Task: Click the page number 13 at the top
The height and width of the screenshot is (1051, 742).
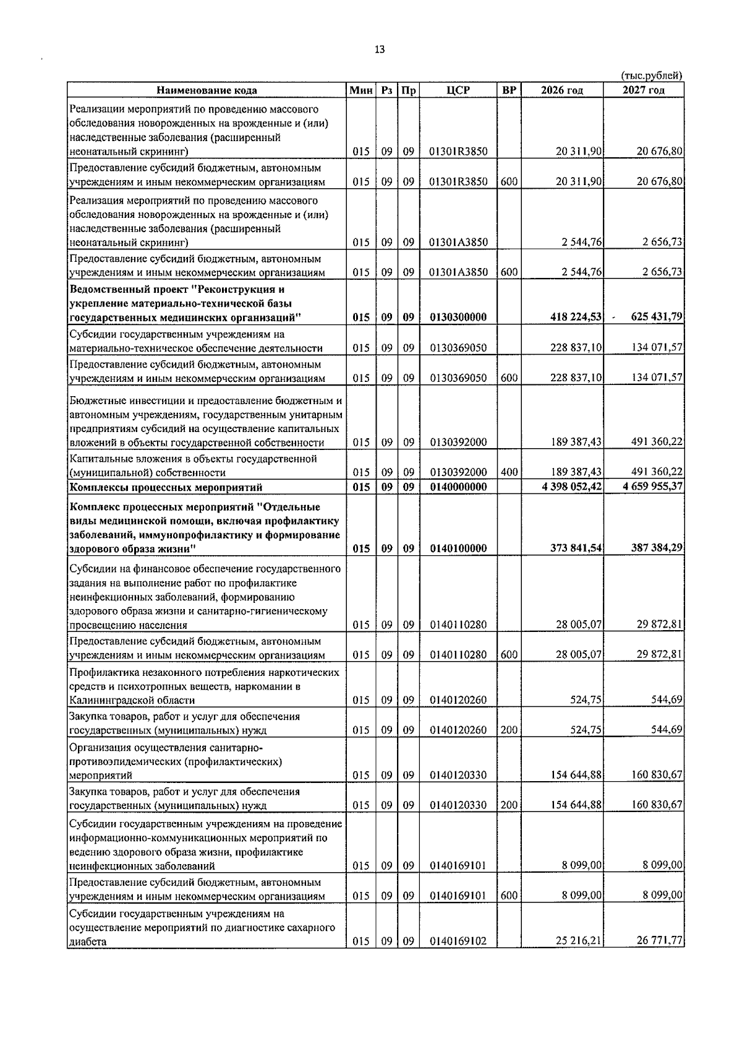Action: pos(380,50)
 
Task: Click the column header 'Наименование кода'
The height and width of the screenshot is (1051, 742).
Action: pos(207,90)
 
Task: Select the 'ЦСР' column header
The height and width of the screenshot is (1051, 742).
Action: pos(458,90)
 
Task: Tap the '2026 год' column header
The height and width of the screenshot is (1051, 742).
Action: pos(561,90)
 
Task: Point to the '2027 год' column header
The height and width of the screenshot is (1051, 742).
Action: pos(644,90)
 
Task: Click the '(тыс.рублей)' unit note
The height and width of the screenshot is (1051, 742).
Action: pos(651,76)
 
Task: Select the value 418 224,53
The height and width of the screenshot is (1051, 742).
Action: pos(576,318)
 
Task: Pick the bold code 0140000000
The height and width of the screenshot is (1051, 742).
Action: pos(458,487)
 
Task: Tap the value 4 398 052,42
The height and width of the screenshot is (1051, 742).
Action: pos(571,487)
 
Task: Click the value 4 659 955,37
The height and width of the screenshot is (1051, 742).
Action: pos(653,487)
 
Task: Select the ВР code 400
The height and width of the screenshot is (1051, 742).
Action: pos(509,473)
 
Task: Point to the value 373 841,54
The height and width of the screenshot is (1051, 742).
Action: pos(576,548)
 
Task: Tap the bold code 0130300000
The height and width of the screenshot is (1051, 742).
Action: pos(458,318)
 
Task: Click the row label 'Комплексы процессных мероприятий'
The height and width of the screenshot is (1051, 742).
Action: pos(166,487)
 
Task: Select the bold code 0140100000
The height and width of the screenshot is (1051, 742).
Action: pos(458,548)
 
